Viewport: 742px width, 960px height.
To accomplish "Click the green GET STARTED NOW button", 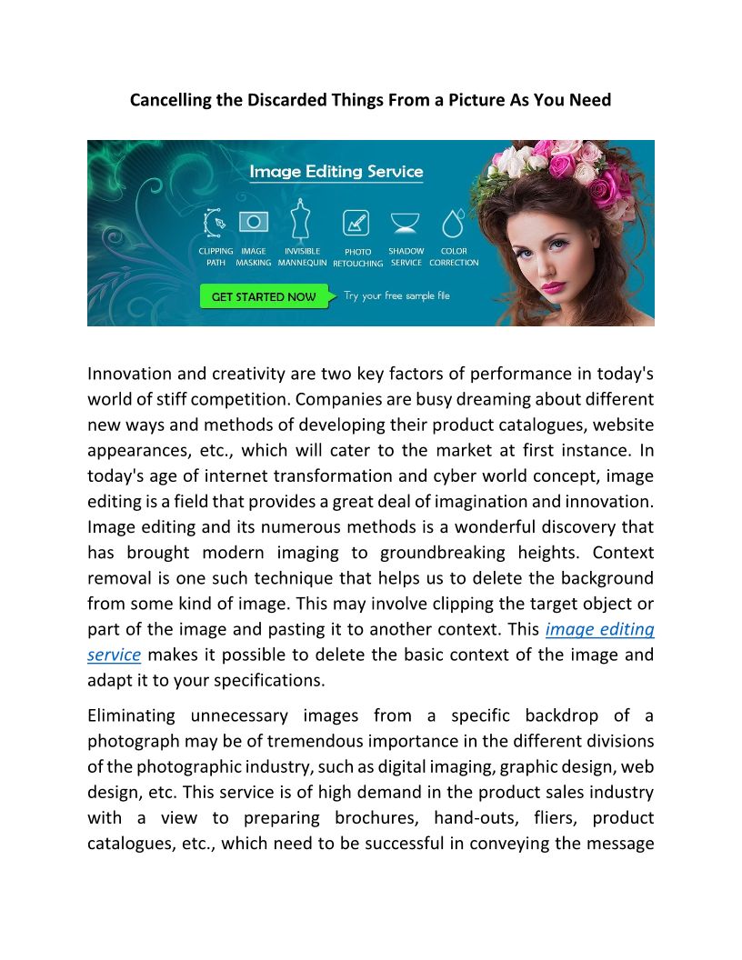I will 264,296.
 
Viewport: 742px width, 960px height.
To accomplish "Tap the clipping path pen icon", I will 215,223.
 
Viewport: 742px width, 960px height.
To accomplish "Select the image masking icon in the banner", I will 254,222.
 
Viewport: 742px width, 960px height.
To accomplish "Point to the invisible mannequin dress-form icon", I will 301,221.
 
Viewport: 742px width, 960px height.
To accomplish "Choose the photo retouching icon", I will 356,223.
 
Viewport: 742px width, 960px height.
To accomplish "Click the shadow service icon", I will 406,223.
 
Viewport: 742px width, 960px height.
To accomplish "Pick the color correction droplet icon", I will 453,223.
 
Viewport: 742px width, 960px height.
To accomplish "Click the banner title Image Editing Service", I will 336,171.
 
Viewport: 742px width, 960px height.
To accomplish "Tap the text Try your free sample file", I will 396,296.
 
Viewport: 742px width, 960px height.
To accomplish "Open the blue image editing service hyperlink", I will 599,629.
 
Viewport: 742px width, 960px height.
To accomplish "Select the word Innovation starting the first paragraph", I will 129,374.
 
